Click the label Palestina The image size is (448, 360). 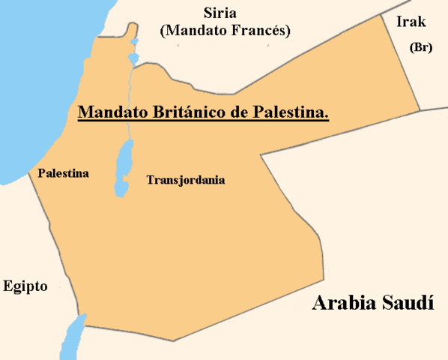click(63, 173)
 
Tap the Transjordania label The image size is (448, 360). click(186, 180)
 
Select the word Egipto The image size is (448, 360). click(25, 286)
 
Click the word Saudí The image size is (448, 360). click(411, 303)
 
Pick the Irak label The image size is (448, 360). click(411, 22)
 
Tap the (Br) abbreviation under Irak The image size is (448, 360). click(420, 46)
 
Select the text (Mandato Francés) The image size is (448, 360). click(225, 31)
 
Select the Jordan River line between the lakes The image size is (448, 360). click(129, 105)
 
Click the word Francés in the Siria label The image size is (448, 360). click(260, 31)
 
